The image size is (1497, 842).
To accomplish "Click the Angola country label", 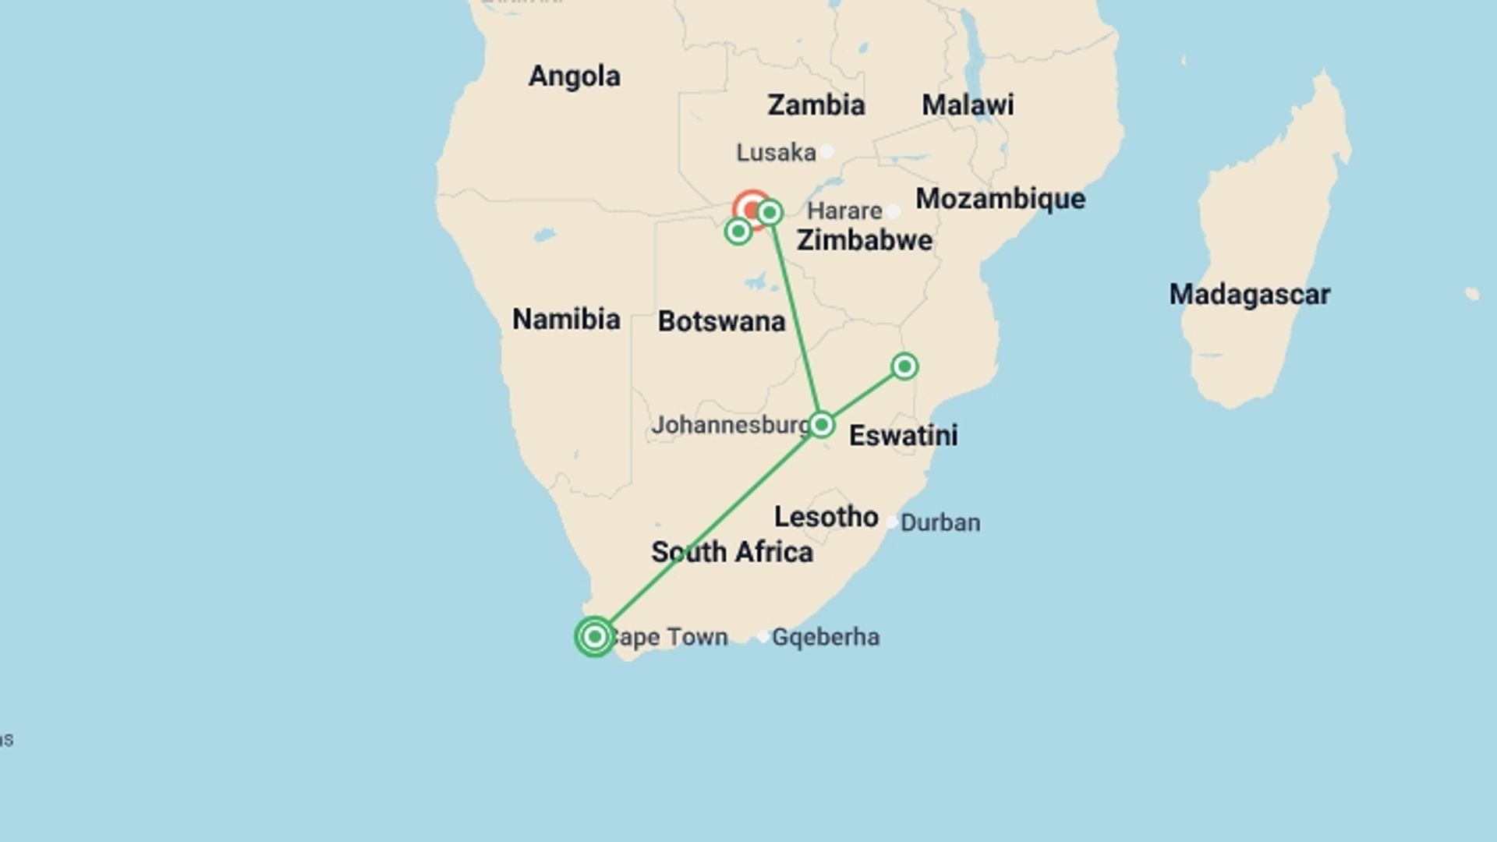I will pyautogui.click(x=575, y=76).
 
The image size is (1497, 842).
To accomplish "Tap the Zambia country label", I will pyautogui.click(x=816, y=105).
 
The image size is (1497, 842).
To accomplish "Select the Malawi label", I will pyautogui.click(x=968, y=105).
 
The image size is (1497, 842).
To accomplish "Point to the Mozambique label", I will pyautogui.click(x=1000, y=199).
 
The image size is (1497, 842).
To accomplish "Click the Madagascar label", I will pyautogui.click(x=1249, y=295).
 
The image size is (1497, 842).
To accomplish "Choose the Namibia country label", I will pyautogui.click(x=566, y=320).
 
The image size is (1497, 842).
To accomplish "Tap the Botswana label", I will pyautogui.click(x=721, y=321).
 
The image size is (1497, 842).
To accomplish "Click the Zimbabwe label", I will pyautogui.click(x=864, y=240).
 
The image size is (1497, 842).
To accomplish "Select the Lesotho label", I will pyautogui.click(x=826, y=517).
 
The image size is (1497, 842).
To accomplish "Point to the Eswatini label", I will pyautogui.click(x=903, y=436).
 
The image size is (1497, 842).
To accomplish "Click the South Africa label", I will pyautogui.click(x=732, y=552).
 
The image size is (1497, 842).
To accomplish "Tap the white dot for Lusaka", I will pyautogui.click(x=826, y=151).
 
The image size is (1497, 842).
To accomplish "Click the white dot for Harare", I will pyautogui.click(x=894, y=211).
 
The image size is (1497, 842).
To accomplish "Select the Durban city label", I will pyautogui.click(x=940, y=522).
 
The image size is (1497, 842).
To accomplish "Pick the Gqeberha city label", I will pyautogui.click(x=825, y=637).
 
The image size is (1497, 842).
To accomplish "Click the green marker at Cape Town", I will pyautogui.click(x=594, y=637).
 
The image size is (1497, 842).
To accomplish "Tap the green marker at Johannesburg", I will pyautogui.click(x=821, y=425).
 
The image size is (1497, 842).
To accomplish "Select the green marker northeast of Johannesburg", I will pyautogui.click(x=904, y=366).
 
